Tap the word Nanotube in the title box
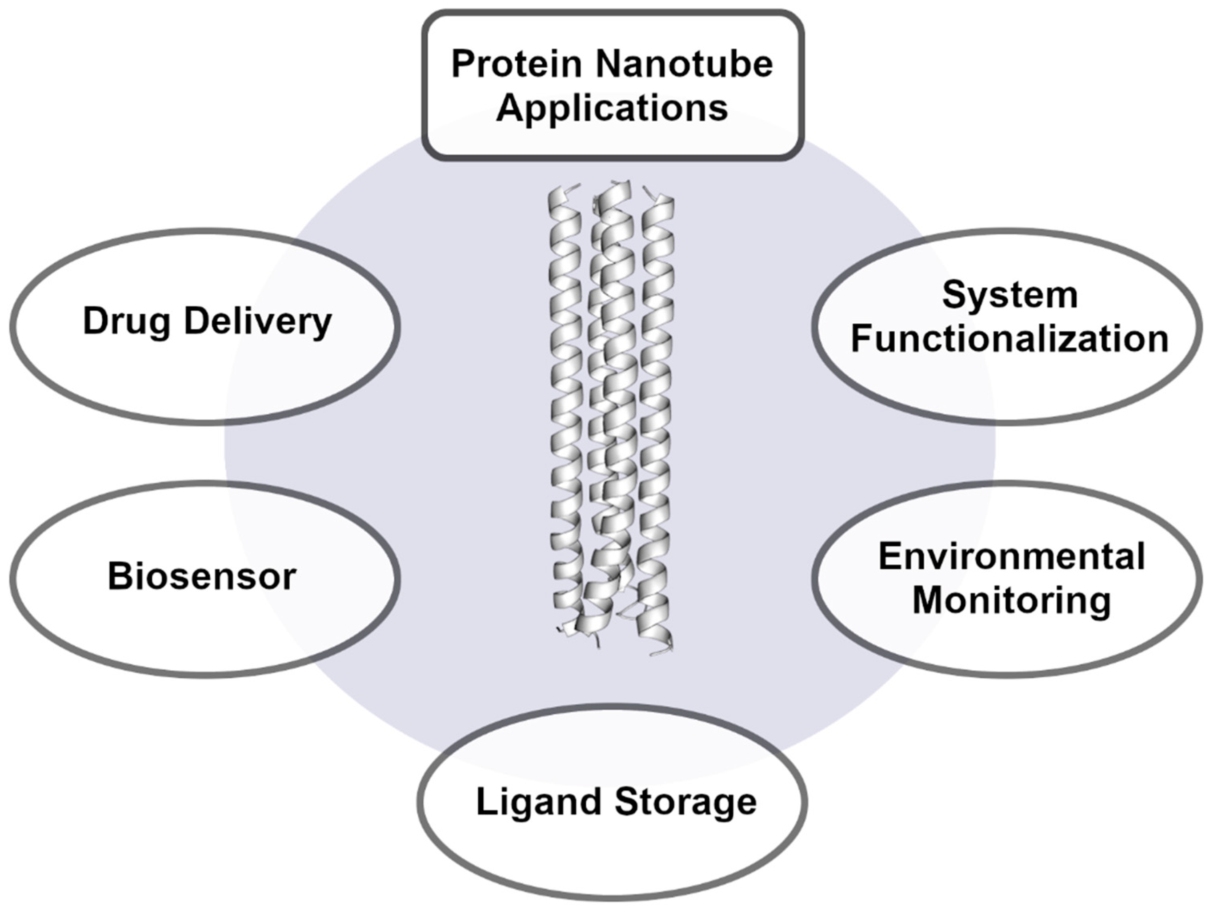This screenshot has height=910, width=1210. (x=684, y=64)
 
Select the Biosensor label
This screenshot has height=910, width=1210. (x=202, y=577)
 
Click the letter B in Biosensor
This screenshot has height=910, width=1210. (x=119, y=576)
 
